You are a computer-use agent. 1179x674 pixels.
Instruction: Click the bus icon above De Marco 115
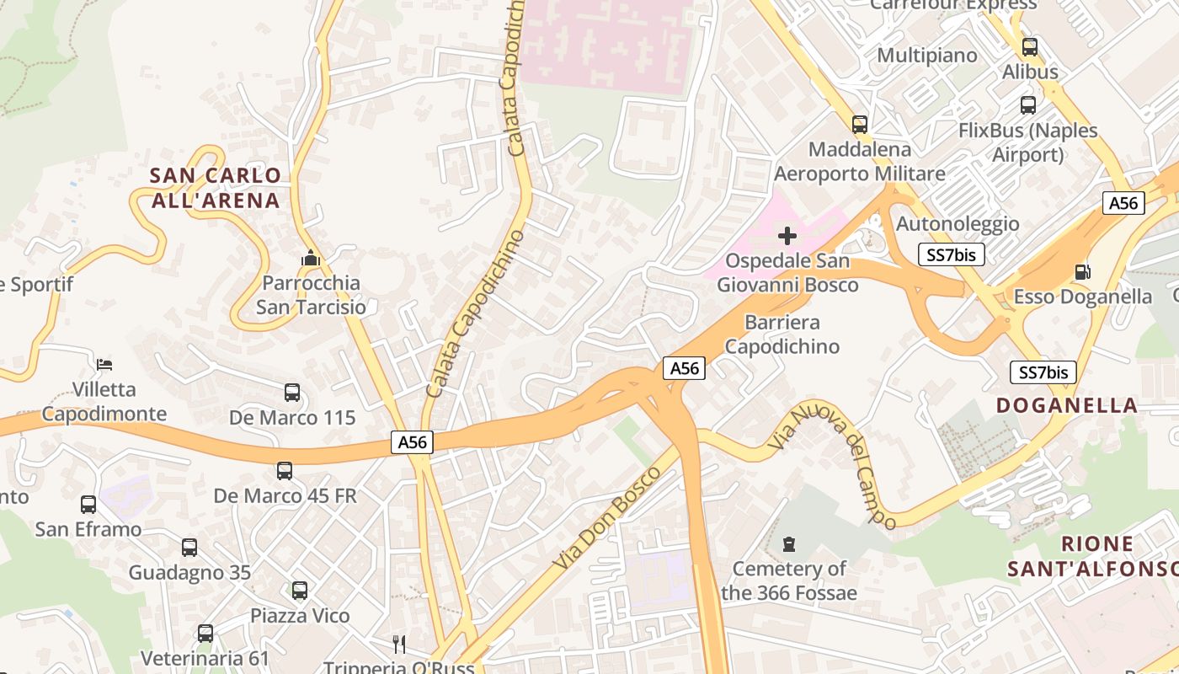(292, 393)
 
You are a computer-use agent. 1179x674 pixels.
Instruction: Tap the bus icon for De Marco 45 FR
(285, 471)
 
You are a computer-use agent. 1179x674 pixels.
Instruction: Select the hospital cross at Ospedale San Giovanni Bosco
(787, 236)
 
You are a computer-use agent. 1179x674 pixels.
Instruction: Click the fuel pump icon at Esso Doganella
(1082, 272)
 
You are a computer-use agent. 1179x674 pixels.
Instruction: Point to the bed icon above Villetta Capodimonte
(104, 365)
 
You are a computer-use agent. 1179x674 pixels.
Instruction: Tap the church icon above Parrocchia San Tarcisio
(311, 258)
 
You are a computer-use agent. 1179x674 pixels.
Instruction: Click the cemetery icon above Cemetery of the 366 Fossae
(789, 544)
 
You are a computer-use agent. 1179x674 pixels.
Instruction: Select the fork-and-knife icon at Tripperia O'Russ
(399, 645)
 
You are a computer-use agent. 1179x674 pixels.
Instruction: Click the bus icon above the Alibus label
(1029, 47)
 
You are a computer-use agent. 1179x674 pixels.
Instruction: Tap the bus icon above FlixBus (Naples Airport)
(1028, 105)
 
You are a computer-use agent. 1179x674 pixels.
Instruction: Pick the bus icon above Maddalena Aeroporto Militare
(859, 125)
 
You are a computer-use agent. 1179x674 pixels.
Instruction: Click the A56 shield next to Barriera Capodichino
(684, 368)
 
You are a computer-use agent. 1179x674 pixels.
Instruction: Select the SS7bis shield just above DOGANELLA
(1043, 372)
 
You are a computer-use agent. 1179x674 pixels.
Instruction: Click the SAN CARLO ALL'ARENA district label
(215, 188)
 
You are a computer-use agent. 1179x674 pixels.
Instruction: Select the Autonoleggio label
(958, 224)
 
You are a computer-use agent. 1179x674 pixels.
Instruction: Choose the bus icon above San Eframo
(88, 505)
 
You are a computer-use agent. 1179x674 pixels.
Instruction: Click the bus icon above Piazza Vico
(300, 591)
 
